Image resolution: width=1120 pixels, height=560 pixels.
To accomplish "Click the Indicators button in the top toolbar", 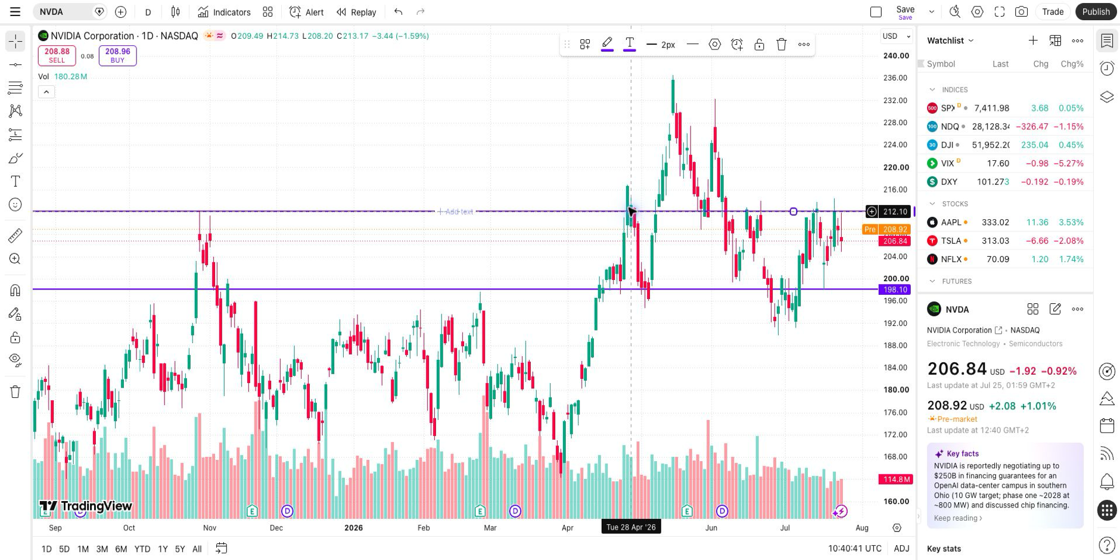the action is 224,12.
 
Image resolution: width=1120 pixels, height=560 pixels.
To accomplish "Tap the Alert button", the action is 306,12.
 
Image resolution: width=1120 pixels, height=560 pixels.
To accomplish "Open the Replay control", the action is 356,12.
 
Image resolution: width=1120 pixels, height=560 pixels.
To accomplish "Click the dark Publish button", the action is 1096,12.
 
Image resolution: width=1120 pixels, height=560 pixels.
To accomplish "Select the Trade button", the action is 1053,12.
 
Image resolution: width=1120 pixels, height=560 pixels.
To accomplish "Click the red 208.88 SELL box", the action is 57,55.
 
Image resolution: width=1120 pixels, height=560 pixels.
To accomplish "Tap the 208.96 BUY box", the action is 117,55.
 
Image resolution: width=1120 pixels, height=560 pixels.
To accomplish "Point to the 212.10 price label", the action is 895,211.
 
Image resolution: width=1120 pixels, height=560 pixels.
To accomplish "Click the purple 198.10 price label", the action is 895,290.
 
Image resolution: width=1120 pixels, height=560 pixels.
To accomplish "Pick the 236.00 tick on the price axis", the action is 895,78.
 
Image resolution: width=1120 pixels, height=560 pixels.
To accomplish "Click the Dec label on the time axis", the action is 276,528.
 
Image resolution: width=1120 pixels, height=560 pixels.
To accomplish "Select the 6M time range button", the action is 121,549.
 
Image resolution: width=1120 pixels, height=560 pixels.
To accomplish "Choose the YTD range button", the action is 142,549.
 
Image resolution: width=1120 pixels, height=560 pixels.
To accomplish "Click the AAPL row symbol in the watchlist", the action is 951,222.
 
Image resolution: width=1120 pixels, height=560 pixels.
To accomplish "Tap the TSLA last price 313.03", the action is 995,241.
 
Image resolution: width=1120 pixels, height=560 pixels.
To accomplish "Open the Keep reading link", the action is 958,518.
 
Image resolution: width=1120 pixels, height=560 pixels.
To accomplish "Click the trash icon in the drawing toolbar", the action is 782,45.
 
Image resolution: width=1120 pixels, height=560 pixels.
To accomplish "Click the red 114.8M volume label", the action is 895,480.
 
